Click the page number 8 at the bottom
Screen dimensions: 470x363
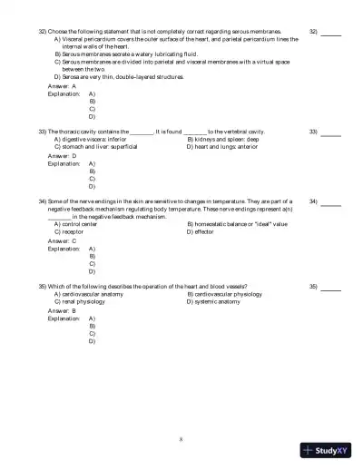pyautogui.click(x=181, y=439)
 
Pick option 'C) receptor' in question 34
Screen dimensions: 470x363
pyautogui.click(x=73, y=231)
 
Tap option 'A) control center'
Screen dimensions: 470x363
pyautogui.click(x=82, y=224)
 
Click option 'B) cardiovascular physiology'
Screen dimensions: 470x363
pyautogui.click(x=231, y=295)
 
